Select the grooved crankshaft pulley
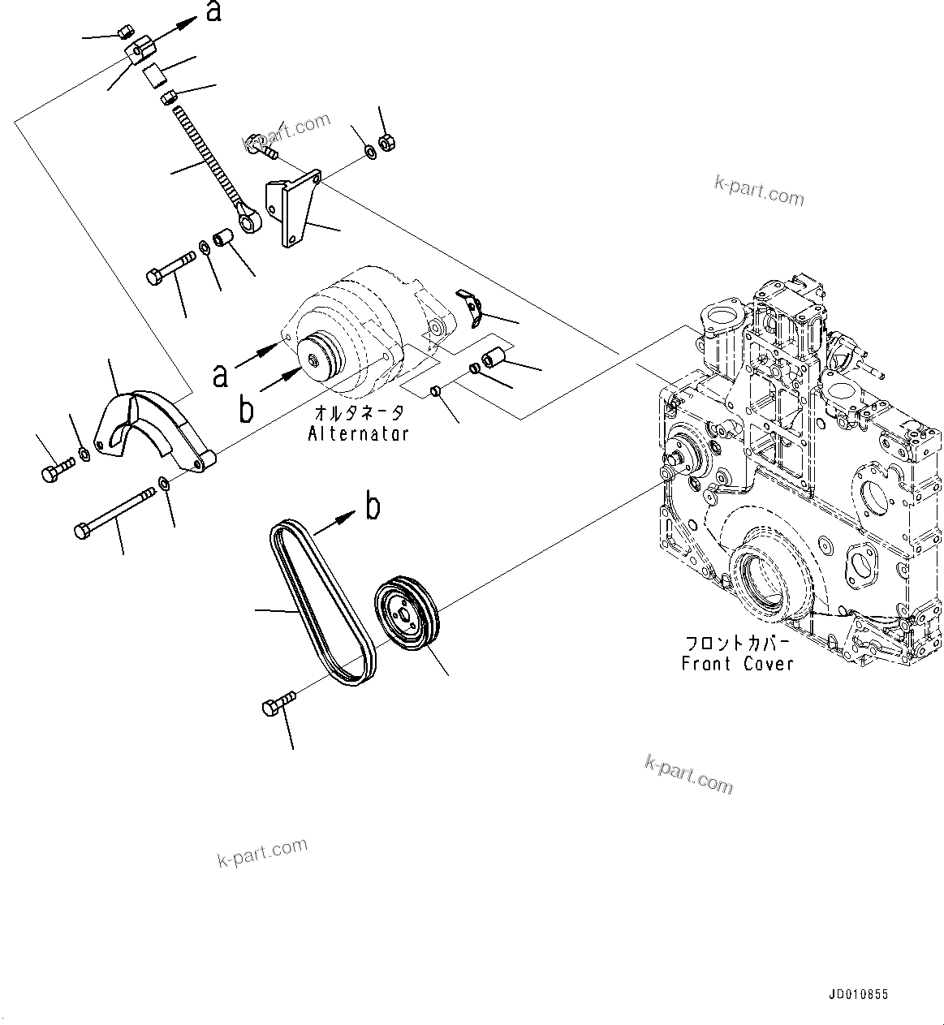[407, 613]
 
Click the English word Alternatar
[358, 434]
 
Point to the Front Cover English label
[737, 664]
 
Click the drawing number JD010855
[859, 994]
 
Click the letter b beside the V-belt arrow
[373, 507]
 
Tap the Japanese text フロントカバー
[737, 644]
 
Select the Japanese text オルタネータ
[358, 413]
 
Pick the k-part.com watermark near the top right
[758, 192]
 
